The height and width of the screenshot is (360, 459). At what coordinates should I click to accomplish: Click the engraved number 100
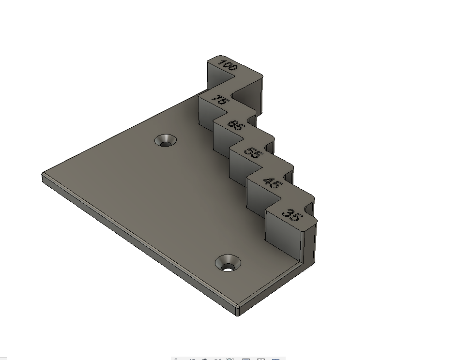coord(229,65)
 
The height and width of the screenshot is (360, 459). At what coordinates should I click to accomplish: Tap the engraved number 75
coord(219,100)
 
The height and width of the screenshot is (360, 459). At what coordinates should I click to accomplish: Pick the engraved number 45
coord(273,183)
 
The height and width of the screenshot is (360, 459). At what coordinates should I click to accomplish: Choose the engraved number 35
coord(292,215)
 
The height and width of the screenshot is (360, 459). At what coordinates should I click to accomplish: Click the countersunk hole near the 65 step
coord(166,140)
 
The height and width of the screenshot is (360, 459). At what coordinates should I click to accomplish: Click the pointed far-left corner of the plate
coord(42,174)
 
